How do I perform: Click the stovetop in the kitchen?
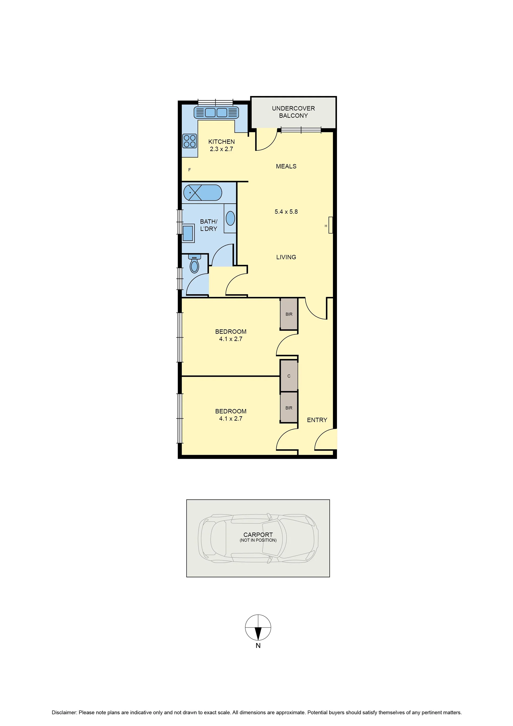pos(189,141)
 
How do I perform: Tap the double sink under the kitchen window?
pos(216,113)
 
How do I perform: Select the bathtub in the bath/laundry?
pos(203,193)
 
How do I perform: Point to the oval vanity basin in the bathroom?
pos(230,218)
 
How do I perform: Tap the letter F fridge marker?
pos(189,170)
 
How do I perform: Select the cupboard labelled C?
pos(289,376)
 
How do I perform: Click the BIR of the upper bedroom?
pos(289,314)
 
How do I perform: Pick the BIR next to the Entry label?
pos(289,408)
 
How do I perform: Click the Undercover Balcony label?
pos(293,112)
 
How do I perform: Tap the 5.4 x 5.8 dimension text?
pos(286,212)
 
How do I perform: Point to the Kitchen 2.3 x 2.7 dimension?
pos(221,149)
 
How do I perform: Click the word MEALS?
pos(286,166)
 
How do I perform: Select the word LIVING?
pos(286,257)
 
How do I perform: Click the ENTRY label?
pos(317,420)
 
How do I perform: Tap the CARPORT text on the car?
pos(258,535)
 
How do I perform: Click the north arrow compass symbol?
pos(258,627)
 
